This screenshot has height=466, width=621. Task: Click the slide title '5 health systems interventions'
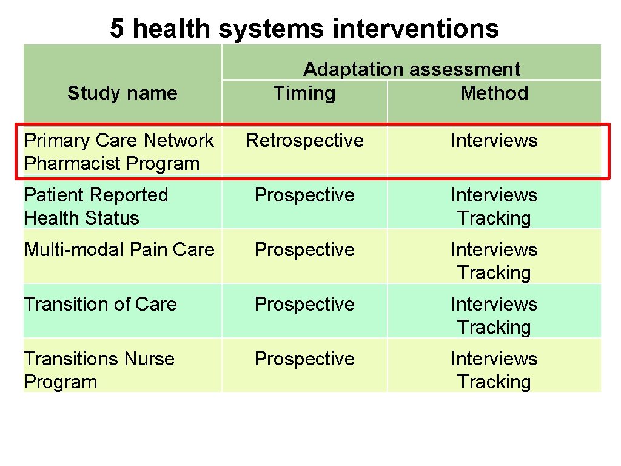tap(304, 29)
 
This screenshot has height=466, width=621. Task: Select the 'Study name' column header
tap(122, 93)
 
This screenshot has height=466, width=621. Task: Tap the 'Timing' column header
tap(304, 93)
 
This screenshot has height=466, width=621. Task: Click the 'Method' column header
tap(494, 93)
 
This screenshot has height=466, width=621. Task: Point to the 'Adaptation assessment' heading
tap(411, 69)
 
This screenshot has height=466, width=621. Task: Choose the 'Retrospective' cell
tap(304, 140)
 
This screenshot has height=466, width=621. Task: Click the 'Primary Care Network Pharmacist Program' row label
tap(119, 152)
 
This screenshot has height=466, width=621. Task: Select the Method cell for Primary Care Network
tap(494, 140)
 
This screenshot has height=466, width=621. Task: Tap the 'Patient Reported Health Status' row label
tap(96, 206)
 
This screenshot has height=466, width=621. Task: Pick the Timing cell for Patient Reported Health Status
tap(304, 195)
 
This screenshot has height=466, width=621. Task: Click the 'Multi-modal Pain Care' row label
tap(119, 249)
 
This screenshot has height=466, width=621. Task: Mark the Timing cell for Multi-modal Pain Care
tap(304, 249)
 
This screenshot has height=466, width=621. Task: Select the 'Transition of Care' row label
tap(100, 303)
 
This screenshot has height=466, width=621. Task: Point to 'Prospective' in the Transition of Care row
tap(304, 303)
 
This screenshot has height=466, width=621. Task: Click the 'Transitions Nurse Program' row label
tap(99, 370)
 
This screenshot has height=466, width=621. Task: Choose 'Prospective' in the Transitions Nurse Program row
tap(304, 359)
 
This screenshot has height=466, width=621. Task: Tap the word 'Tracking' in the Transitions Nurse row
tap(494, 382)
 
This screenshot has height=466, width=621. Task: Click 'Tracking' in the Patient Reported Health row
tap(494, 218)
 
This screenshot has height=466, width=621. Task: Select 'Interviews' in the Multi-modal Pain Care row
tap(494, 249)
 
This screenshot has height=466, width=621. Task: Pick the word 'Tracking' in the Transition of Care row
tap(494, 327)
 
